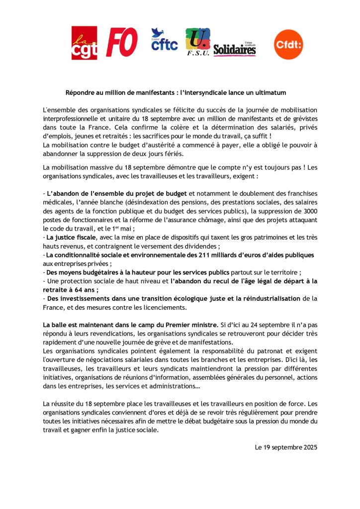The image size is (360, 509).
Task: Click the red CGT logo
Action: [x=84, y=43]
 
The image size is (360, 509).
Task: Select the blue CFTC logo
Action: [x=164, y=40]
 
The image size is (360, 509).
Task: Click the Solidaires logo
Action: [x=235, y=49]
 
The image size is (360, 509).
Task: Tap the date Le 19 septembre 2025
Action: [x=286, y=447]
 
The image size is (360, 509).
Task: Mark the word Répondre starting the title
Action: [x=80, y=93]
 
